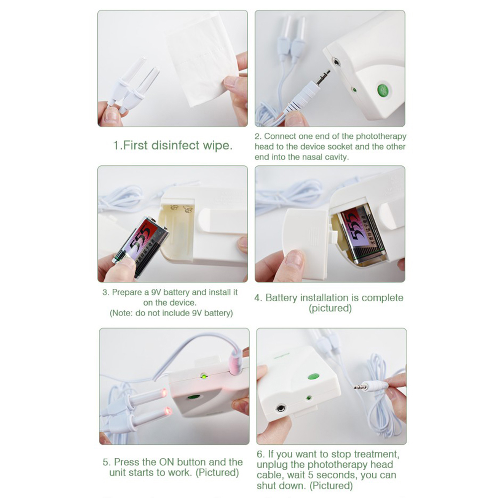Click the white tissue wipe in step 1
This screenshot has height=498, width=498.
202,59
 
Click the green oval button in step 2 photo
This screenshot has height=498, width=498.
383,90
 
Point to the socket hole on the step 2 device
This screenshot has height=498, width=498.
335,62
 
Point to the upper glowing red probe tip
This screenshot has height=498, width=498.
164,393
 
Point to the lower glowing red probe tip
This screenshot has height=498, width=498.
167,412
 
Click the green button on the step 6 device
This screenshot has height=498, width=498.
314,377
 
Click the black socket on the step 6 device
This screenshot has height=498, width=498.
281,408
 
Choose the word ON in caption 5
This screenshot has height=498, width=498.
166,462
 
